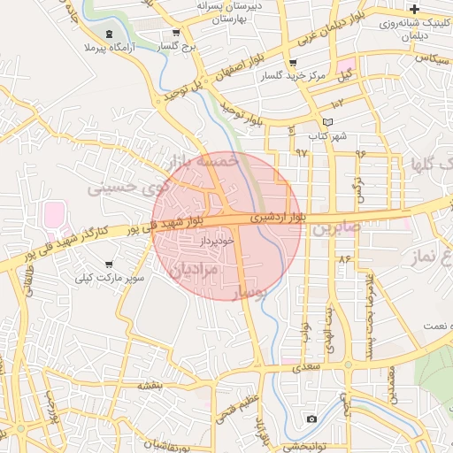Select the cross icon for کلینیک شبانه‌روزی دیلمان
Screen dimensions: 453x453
pos(414,9)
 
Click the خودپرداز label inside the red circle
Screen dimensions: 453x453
pos(216,240)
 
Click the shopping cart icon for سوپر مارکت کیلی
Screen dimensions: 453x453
pos(109,264)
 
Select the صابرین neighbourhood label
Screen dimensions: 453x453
pos(335,228)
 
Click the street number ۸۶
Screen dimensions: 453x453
pos(343,258)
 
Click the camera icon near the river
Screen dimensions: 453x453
pos(311,418)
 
